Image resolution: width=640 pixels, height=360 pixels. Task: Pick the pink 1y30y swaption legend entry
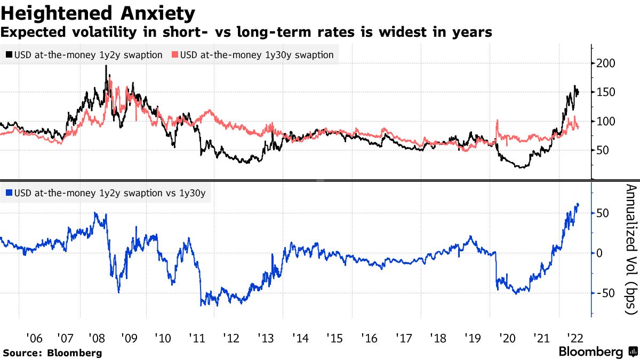[253, 54]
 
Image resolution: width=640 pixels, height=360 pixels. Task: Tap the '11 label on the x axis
[198, 338]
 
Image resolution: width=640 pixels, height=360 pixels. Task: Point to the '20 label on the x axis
[506, 338]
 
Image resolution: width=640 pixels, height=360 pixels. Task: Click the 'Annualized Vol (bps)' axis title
[630, 257]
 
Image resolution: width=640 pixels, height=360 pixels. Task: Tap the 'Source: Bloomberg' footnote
[52, 353]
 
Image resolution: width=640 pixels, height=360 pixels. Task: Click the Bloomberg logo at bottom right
[597, 352]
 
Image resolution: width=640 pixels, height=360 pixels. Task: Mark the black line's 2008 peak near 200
[106, 66]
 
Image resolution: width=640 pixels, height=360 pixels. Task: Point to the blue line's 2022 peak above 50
[578, 204]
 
